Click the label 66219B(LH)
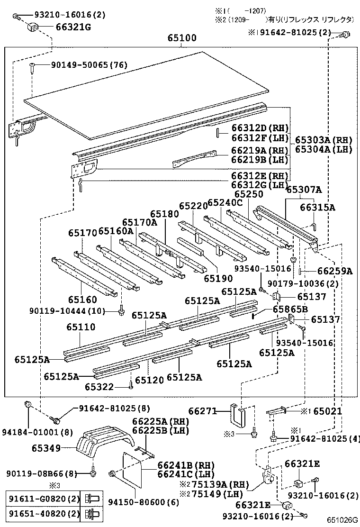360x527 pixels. (260, 160)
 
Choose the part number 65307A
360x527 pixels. (304, 190)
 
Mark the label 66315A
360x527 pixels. (317, 207)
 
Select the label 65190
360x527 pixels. (218, 278)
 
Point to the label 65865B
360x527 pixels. (290, 309)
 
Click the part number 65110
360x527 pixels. (81, 327)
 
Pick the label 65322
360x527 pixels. (99, 387)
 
